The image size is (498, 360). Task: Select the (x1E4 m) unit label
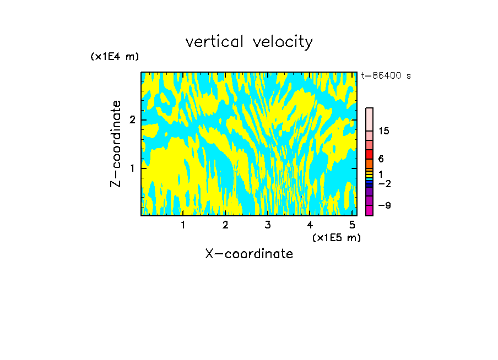click(115, 57)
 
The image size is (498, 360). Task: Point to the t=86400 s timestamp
click(386, 76)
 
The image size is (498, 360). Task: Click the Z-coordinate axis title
click(116, 143)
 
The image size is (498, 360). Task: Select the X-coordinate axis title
click(249, 254)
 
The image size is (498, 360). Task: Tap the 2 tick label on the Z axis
click(132, 120)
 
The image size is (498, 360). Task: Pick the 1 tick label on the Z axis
click(132, 167)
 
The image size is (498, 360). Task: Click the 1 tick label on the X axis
click(183, 225)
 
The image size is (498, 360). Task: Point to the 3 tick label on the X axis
click(267, 225)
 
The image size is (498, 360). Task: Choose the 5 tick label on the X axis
click(351, 225)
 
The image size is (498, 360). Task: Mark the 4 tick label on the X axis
click(310, 225)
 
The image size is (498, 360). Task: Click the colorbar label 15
click(384, 131)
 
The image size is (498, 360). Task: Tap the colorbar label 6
click(381, 159)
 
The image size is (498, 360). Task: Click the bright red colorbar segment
click(369, 154)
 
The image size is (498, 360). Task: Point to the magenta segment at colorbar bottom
click(369, 210)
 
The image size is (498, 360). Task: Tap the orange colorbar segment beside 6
click(369, 163)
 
